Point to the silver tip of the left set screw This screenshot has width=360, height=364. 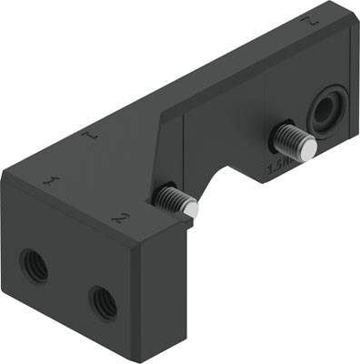[x=190, y=209]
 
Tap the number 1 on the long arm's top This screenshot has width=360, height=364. [x=88, y=135]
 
